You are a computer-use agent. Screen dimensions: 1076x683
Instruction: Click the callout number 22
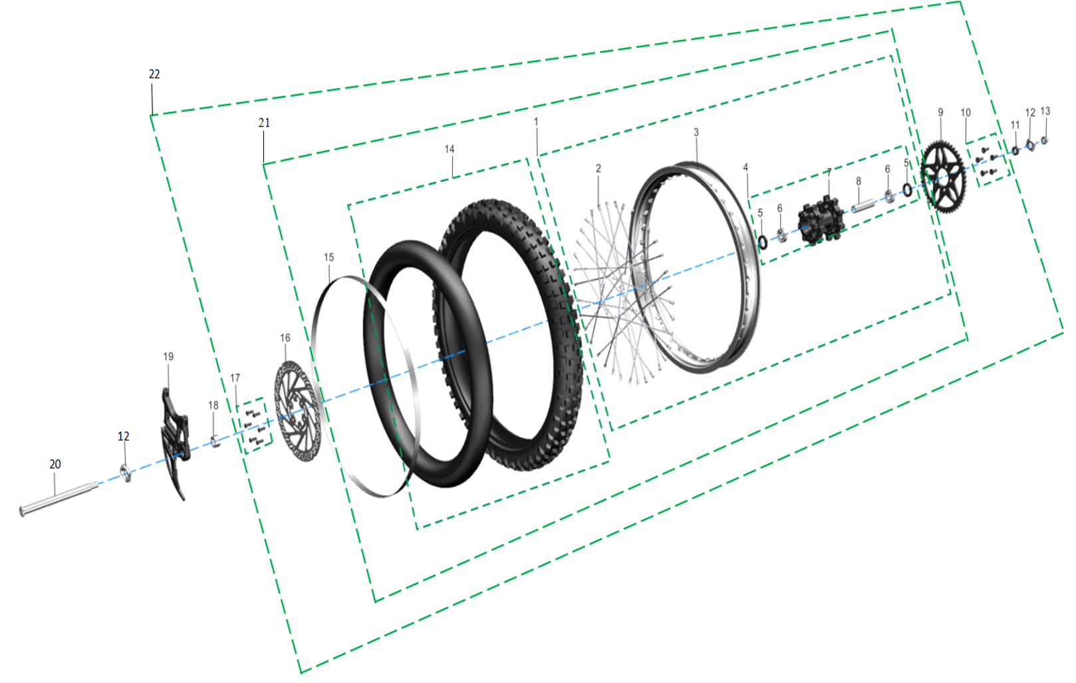point(154,74)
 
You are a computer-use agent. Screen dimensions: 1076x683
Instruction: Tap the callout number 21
point(264,123)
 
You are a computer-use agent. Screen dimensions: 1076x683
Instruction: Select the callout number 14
point(449,150)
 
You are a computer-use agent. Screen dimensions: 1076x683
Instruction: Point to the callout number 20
point(55,464)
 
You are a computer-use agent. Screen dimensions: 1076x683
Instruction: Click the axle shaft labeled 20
point(59,499)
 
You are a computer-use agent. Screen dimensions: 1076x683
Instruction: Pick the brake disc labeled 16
point(298,412)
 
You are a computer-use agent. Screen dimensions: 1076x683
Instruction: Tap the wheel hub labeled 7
point(821,220)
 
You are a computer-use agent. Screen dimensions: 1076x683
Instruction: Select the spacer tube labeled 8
point(863,206)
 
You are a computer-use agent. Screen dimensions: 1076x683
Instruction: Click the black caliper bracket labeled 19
point(174,443)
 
